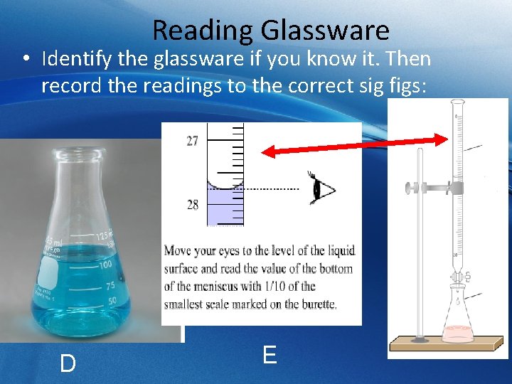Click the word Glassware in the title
tap(325, 31)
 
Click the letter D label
tap(68, 363)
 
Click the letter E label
tap(270, 354)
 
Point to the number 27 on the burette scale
tap(193, 140)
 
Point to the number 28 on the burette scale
tap(193, 205)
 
